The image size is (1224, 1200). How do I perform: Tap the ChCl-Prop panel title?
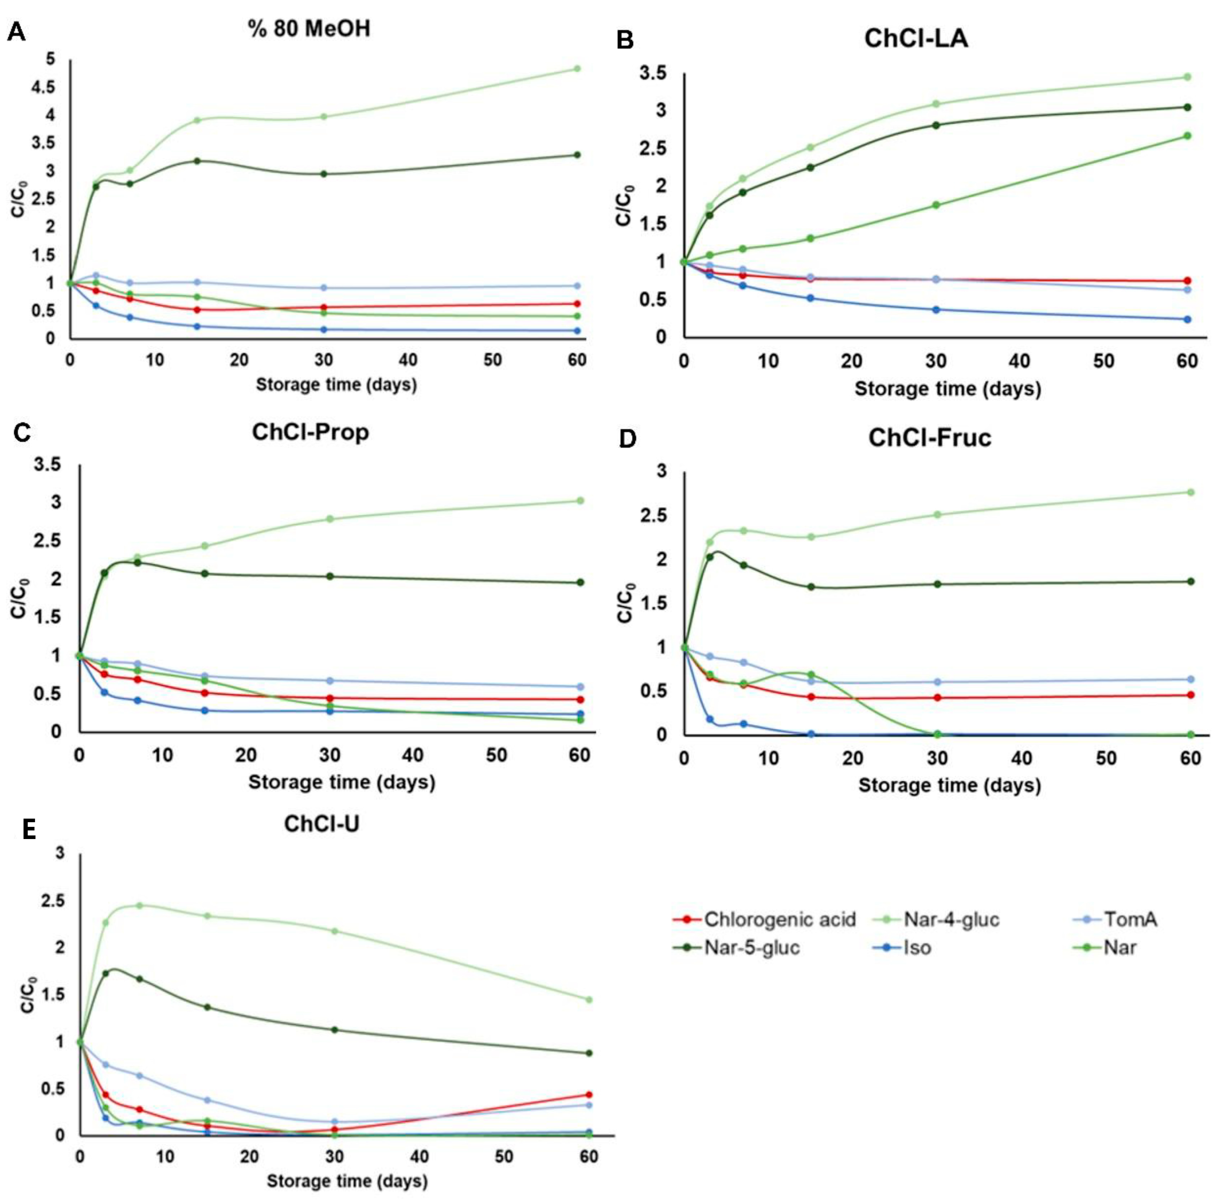coord(310,432)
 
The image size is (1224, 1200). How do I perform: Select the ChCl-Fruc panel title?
coord(930,437)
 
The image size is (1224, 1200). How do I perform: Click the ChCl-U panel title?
coord(321,824)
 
